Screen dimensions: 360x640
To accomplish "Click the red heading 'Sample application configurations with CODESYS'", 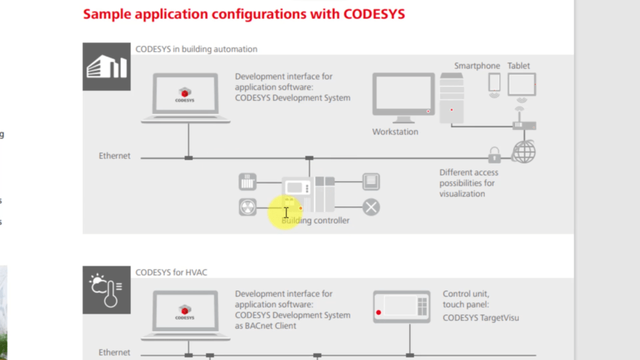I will click(x=244, y=14).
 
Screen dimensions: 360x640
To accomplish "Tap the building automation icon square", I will click(x=106, y=66).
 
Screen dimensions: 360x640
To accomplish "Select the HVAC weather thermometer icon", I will click(x=106, y=289).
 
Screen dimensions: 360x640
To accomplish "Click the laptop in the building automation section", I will click(x=186, y=97).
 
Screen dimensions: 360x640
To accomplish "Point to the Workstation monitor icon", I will click(x=403, y=97).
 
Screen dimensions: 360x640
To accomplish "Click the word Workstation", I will click(x=395, y=132).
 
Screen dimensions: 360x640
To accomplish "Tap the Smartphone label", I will click(x=477, y=66).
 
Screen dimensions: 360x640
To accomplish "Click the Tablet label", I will click(x=519, y=66).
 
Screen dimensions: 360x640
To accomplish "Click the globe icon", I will click(x=524, y=152).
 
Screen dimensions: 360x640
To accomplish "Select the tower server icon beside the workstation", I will click(x=451, y=98).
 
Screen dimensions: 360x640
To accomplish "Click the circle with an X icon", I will click(x=371, y=207).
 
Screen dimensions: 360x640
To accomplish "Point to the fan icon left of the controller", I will click(x=247, y=207).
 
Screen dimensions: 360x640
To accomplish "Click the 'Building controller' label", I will click(x=316, y=221).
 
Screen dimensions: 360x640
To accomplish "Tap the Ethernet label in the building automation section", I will click(x=114, y=156).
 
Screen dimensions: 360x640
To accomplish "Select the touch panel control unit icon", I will click(x=401, y=306).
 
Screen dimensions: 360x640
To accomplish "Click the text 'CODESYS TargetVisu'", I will click(x=481, y=317).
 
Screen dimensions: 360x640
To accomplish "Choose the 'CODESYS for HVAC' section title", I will click(x=171, y=272).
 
